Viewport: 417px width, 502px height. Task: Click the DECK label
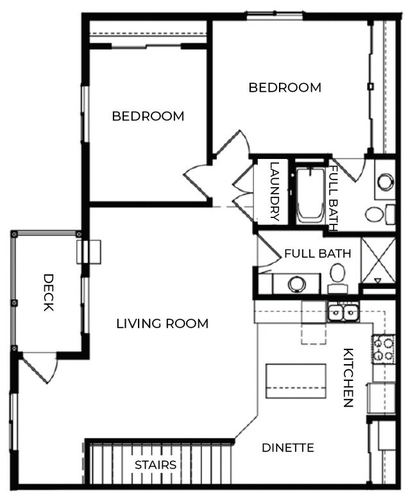pos(48,292)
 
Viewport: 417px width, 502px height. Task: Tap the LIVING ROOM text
pos(162,324)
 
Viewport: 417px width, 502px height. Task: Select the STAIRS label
pos(155,465)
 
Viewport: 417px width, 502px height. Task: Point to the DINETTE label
pos(288,448)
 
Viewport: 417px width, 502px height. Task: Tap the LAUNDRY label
pos(275,191)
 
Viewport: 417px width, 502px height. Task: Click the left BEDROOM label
pos(148,116)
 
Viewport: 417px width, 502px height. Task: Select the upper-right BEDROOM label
pos(285,88)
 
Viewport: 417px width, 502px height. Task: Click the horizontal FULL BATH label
pos(318,253)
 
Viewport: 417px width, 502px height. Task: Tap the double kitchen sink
pos(343,313)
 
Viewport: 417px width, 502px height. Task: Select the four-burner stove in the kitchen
pos(384,349)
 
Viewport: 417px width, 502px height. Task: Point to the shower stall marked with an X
pos(377,260)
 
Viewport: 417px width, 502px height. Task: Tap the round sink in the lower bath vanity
pos(296,283)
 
